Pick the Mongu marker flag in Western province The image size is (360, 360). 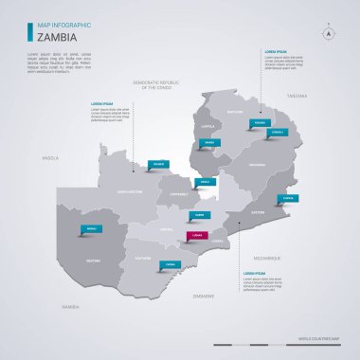coord(91,228)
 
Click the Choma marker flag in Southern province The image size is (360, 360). coord(170,264)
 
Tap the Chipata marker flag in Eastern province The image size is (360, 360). coord(290,198)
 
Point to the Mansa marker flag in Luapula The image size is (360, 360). coord(208,142)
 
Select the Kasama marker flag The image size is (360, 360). coord(260,123)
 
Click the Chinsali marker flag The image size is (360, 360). coord(277,132)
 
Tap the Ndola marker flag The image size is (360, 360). coord(205,181)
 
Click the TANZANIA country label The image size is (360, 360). coord(298,96)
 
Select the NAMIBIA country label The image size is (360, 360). coord(70,307)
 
